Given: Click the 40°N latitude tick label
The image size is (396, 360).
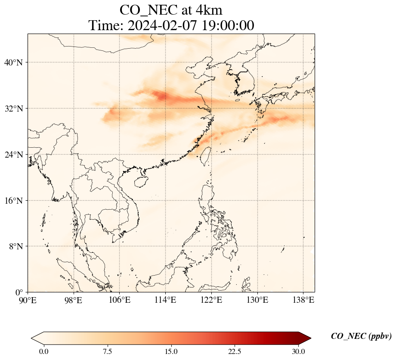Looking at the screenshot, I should (13, 63).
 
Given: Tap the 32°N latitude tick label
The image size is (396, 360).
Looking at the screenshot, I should (13, 109).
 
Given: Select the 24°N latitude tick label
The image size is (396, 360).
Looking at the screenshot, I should (13, 155).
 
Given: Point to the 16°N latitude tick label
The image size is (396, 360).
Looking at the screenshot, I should (13, 201).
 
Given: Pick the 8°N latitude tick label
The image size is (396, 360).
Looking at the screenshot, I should (15, 246).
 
